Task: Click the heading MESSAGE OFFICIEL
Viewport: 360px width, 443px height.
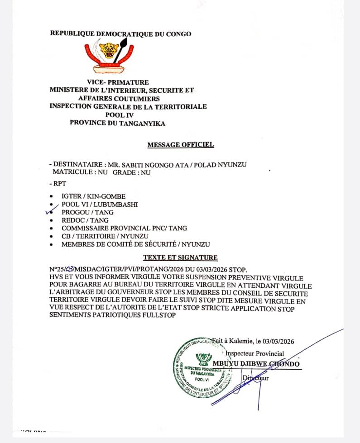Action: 180,145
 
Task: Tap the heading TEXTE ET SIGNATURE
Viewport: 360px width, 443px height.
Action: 180,258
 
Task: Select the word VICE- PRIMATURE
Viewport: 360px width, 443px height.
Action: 118,82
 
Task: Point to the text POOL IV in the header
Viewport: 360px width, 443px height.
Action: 118,115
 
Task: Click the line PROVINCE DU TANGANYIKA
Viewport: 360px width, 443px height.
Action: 117,123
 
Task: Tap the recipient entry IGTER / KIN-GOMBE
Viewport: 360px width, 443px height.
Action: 93,196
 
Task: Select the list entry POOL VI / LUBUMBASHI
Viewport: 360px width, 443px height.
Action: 100,205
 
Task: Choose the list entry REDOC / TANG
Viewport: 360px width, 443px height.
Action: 85,220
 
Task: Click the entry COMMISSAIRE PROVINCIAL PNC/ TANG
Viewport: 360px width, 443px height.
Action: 124,229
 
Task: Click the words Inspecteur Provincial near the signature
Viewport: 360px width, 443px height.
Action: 254,353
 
